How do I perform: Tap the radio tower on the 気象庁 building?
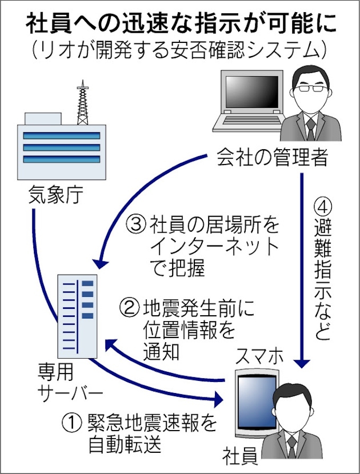click(83, 103)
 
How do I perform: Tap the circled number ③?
click(134, 225)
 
